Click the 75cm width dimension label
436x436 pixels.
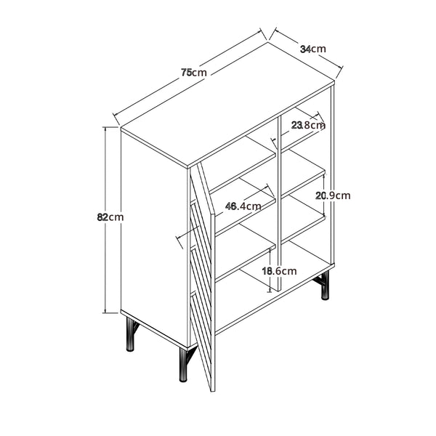coord(194,73)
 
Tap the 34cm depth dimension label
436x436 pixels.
coord(313,49)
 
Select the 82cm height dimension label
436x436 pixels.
coord(110,217)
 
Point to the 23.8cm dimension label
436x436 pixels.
coord(308,126)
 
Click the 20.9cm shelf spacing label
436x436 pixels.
coord(333,195)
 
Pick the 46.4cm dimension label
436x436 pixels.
coord(243,206)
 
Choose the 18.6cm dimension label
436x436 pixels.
coord(280,271)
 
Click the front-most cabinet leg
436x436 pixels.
coord(183,365)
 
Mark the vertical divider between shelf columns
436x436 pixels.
coord(280,203)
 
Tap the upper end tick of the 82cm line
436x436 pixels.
coord(111,127)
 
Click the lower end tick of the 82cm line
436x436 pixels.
coord(111,312)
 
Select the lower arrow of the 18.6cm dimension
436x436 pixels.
coord(270,289)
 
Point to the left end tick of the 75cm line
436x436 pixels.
coord(116,118)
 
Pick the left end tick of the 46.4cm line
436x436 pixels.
coord(179,242)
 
